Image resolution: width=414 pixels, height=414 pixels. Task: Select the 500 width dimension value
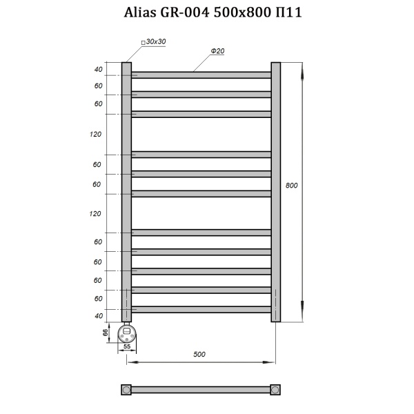coord(199,354)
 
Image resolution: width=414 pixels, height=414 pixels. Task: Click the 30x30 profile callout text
coord(155,42)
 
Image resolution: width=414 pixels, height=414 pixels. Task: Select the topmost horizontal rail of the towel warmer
coord(201,75)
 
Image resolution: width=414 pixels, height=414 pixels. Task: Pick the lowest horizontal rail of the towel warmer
coord(201,309)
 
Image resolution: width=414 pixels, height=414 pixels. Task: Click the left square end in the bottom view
coord(126,389)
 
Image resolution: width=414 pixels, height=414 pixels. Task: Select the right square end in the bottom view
coord(275,389)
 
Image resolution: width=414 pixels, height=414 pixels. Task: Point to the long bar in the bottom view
coord(201,389)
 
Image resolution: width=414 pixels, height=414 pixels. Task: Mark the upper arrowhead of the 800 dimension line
coord(302,66)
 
